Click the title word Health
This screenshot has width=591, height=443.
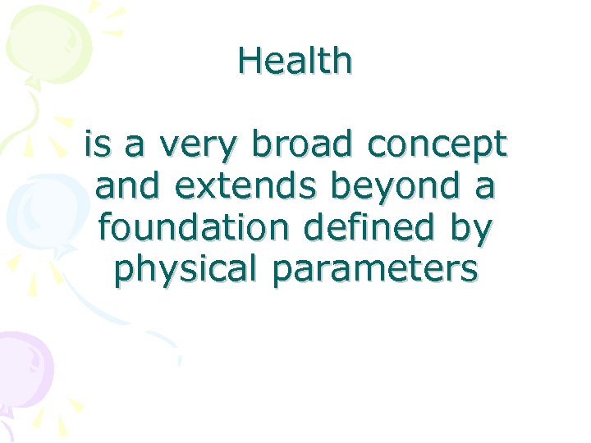point(295,61)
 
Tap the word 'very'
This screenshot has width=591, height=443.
point(199,147)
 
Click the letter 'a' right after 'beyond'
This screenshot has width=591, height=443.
point(484,188)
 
